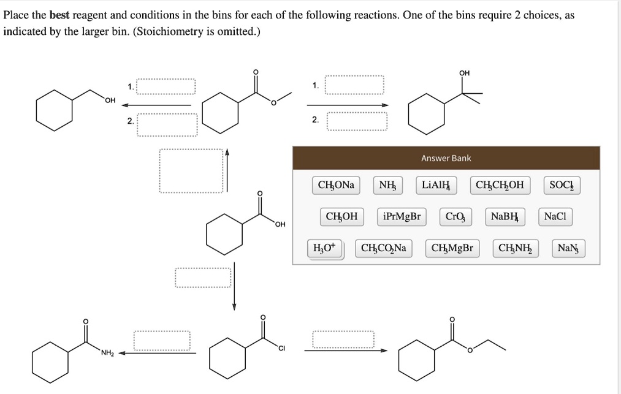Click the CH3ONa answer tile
[336, 185]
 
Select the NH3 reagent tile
[387, 185]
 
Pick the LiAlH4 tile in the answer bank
[436, 185]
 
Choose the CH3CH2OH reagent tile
[500, 185]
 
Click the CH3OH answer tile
[341, 216]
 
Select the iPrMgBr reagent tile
[401, 216]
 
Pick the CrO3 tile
[456, 216]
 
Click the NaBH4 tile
[505, 216]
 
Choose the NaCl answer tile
[555, 216]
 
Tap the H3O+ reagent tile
[324, 248]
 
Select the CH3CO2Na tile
[384, 248]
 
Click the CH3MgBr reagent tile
[452, 248]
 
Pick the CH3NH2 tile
[515, 248]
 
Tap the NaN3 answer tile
[569, 248]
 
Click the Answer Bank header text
[446, 158]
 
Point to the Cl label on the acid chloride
[281, 349]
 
